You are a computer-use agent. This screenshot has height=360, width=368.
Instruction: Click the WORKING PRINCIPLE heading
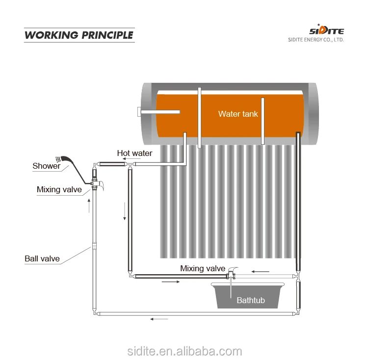point(79,35)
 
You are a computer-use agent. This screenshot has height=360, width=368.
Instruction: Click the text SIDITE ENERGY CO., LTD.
point(315,40)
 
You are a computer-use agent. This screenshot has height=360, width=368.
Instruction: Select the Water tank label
point(238,114)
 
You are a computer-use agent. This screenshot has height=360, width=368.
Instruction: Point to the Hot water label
point(134,154)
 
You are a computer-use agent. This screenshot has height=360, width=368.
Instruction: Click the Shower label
point(46,166)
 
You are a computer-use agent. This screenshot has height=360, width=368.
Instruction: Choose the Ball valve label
point(42,258)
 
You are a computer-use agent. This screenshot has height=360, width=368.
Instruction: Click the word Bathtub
point(250,300)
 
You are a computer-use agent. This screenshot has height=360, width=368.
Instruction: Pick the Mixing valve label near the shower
point(59,190)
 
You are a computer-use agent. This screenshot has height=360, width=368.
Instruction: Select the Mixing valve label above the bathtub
point(203,268)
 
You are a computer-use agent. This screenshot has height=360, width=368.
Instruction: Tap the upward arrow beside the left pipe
point(89,206)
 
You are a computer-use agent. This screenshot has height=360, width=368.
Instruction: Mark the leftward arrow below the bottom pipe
point(158,319)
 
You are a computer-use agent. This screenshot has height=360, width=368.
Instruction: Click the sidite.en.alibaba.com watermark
point(184,351)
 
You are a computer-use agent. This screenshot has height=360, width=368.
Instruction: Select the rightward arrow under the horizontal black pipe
point(171,282)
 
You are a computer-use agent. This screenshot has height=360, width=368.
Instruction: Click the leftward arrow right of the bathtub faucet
point(260,271)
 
